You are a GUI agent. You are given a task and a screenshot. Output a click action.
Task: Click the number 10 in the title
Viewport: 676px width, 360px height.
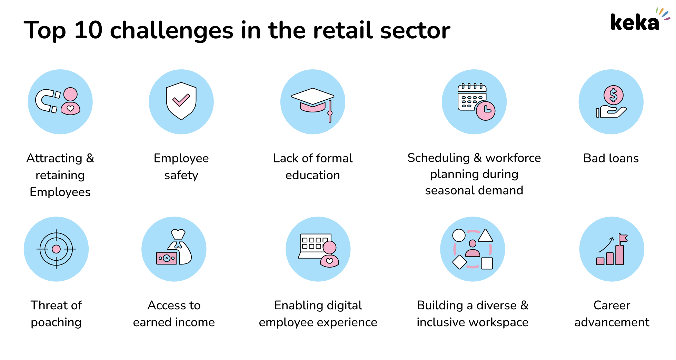(x=88, y=30)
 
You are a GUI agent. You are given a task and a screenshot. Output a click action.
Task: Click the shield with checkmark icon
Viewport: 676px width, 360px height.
(x=181, y=101)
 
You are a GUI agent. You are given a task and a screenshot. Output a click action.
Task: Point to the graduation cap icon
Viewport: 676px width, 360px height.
(x=312, y=100)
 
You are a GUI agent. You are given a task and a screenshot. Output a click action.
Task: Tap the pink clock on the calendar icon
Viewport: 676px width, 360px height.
(x=486, y=110)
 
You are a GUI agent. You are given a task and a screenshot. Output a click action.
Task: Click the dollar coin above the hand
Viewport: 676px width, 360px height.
(x=613, y=95)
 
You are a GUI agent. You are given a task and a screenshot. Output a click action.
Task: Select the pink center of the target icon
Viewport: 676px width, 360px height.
(x=56, y=249)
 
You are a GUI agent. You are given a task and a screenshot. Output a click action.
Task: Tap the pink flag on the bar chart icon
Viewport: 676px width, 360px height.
(x=623, y=238)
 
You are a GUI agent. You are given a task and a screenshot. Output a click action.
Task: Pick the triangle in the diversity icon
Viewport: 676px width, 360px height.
(x=485, y=236)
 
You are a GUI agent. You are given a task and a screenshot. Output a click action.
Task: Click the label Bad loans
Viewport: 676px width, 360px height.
(x=611, y=158)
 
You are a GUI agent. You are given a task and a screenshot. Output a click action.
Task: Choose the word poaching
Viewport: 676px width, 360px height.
(x=56, y=322)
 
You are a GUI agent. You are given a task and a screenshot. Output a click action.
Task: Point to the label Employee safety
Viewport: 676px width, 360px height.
(x=181, y=167)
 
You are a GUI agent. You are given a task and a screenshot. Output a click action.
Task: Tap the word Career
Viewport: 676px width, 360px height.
(x=612, y=305)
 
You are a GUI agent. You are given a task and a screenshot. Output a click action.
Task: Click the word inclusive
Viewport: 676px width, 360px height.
(x=441, y=322)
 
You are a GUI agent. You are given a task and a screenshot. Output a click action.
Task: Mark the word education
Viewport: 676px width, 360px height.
(x=312, y=175)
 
